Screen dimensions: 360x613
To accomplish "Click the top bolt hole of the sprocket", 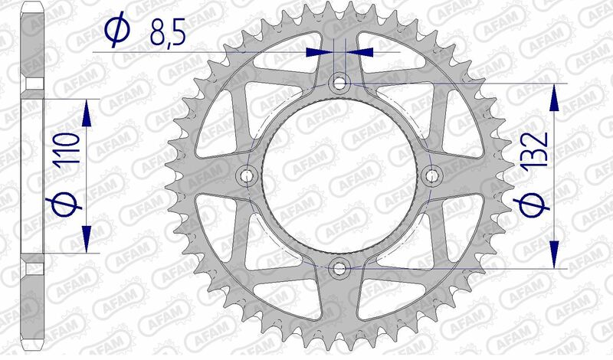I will pyautogui.click(x=339, y=81).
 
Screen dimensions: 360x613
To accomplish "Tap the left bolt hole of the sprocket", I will pyautogui.click(x=247, y=175).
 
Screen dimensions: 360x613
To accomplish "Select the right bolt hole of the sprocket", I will pyautogui.click(x=432, y=175).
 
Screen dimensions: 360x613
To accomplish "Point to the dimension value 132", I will pyautogui.click(x=536, y=150).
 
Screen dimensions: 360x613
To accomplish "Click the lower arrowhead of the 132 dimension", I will pyautogui.click(x=552, y=256).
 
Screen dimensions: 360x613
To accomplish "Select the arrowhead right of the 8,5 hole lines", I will pyautogui.click(x=362, y=52).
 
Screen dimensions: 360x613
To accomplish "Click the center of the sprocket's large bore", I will pyautogui.click(x=339, y=175).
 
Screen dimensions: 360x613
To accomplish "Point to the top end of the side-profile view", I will pyautogui.click(x=32, y=6).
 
